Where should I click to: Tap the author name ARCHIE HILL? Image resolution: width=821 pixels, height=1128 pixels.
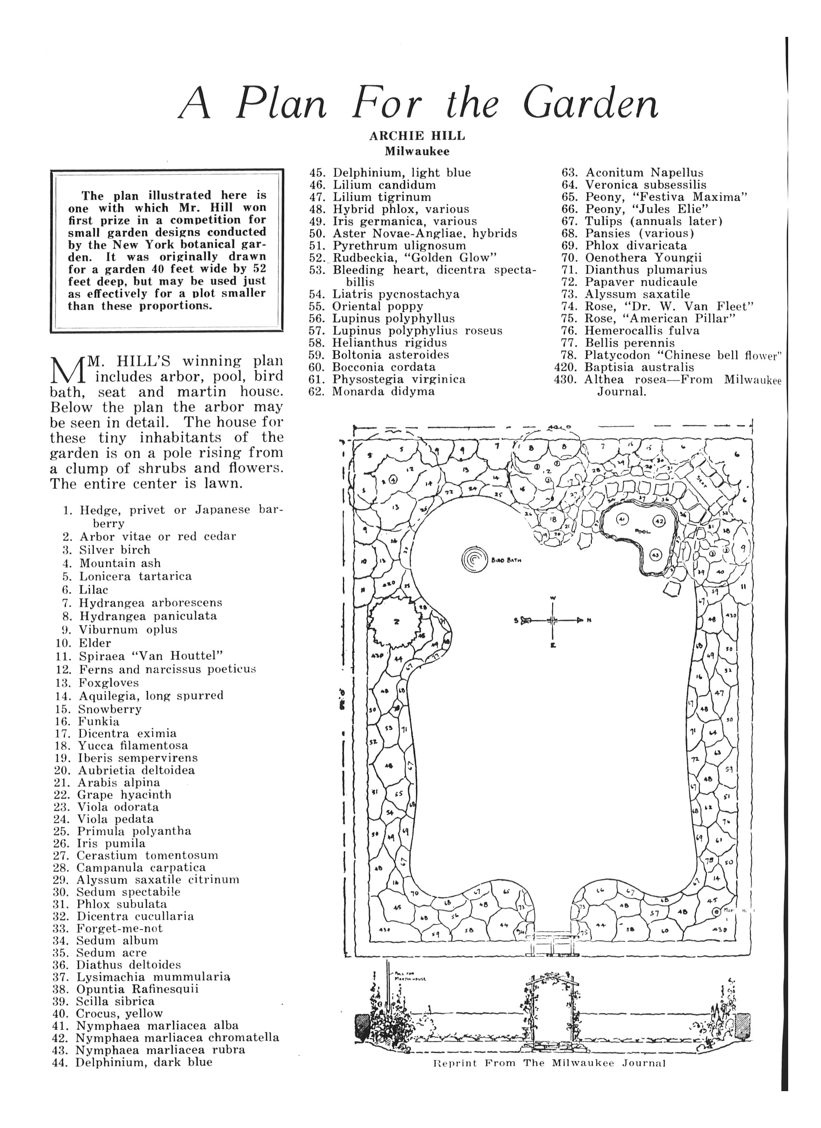coord(417,136)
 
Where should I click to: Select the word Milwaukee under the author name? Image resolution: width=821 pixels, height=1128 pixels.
coord(417,151)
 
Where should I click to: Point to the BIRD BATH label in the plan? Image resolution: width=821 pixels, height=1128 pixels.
coord(507,560)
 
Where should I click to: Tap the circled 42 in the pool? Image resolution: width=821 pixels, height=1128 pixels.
coord(659,521)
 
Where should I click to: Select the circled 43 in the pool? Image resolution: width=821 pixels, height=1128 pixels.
coord(655,555)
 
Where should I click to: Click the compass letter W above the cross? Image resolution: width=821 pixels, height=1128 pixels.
coord(553,598)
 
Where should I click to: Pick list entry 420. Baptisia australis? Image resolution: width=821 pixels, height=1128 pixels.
coord(624,368)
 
